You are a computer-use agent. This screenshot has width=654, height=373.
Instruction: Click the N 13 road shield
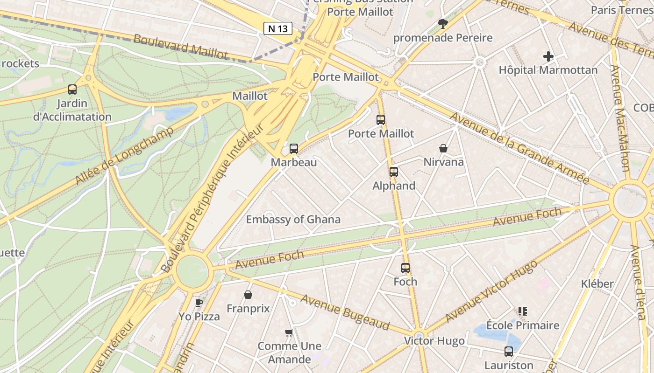pos(277,28)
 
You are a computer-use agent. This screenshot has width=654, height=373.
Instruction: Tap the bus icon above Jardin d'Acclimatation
pos(72,89)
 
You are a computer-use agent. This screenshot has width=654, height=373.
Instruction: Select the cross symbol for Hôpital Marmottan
pos(548,57)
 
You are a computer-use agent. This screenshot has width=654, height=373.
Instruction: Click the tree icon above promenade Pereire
pos(442,23)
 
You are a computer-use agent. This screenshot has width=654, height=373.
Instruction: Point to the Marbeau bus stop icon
pos(294,149)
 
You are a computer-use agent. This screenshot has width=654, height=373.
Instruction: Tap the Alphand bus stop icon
pos(394,172)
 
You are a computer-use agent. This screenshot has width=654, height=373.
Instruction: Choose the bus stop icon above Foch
pos(405,268)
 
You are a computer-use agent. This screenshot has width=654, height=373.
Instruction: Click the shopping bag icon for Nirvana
pos(443,148)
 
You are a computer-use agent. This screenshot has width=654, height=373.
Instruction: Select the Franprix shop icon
pos(248,295)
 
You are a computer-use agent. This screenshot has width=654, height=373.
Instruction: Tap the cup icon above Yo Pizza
pos(199,303)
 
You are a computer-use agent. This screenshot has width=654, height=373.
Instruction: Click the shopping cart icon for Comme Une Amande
pos(289,332)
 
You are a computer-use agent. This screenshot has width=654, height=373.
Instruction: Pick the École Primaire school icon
pos(522,311)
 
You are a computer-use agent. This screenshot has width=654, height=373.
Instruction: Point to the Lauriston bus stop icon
pos(509,352)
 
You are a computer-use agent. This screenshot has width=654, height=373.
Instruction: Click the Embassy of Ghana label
pos(293,220)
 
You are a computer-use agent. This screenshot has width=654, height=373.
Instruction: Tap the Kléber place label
pos(597,283)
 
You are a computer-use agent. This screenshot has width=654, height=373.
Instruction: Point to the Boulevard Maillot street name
pos(181,47)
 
